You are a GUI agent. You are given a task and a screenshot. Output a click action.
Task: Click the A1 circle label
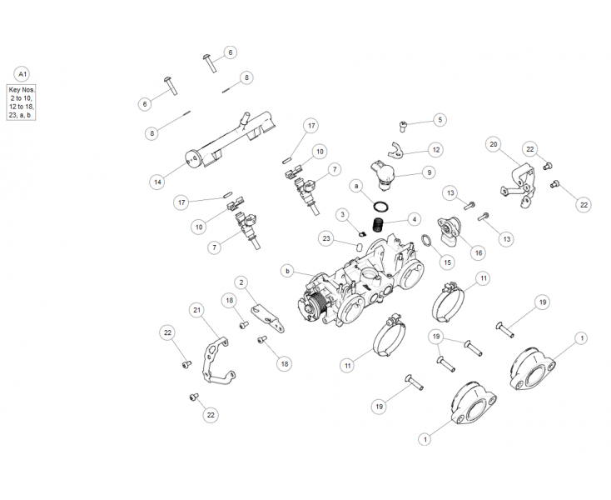[x=22, y=74]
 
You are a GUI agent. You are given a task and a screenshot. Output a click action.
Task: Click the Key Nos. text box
[x=22, y=102]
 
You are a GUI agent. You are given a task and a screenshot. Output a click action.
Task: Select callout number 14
[x=157, y=182]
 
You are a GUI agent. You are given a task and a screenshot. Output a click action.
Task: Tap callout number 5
[x=440, y=120]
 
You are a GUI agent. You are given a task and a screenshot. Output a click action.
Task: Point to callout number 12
[x=436, y=150]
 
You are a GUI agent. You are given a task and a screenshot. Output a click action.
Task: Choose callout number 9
[x=429, y=172]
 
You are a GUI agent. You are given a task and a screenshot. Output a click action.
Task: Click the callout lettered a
[x=356, y=187]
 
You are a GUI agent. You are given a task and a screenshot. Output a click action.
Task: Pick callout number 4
[x=415, y=219]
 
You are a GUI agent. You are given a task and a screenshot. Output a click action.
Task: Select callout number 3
[x=342, y=214]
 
